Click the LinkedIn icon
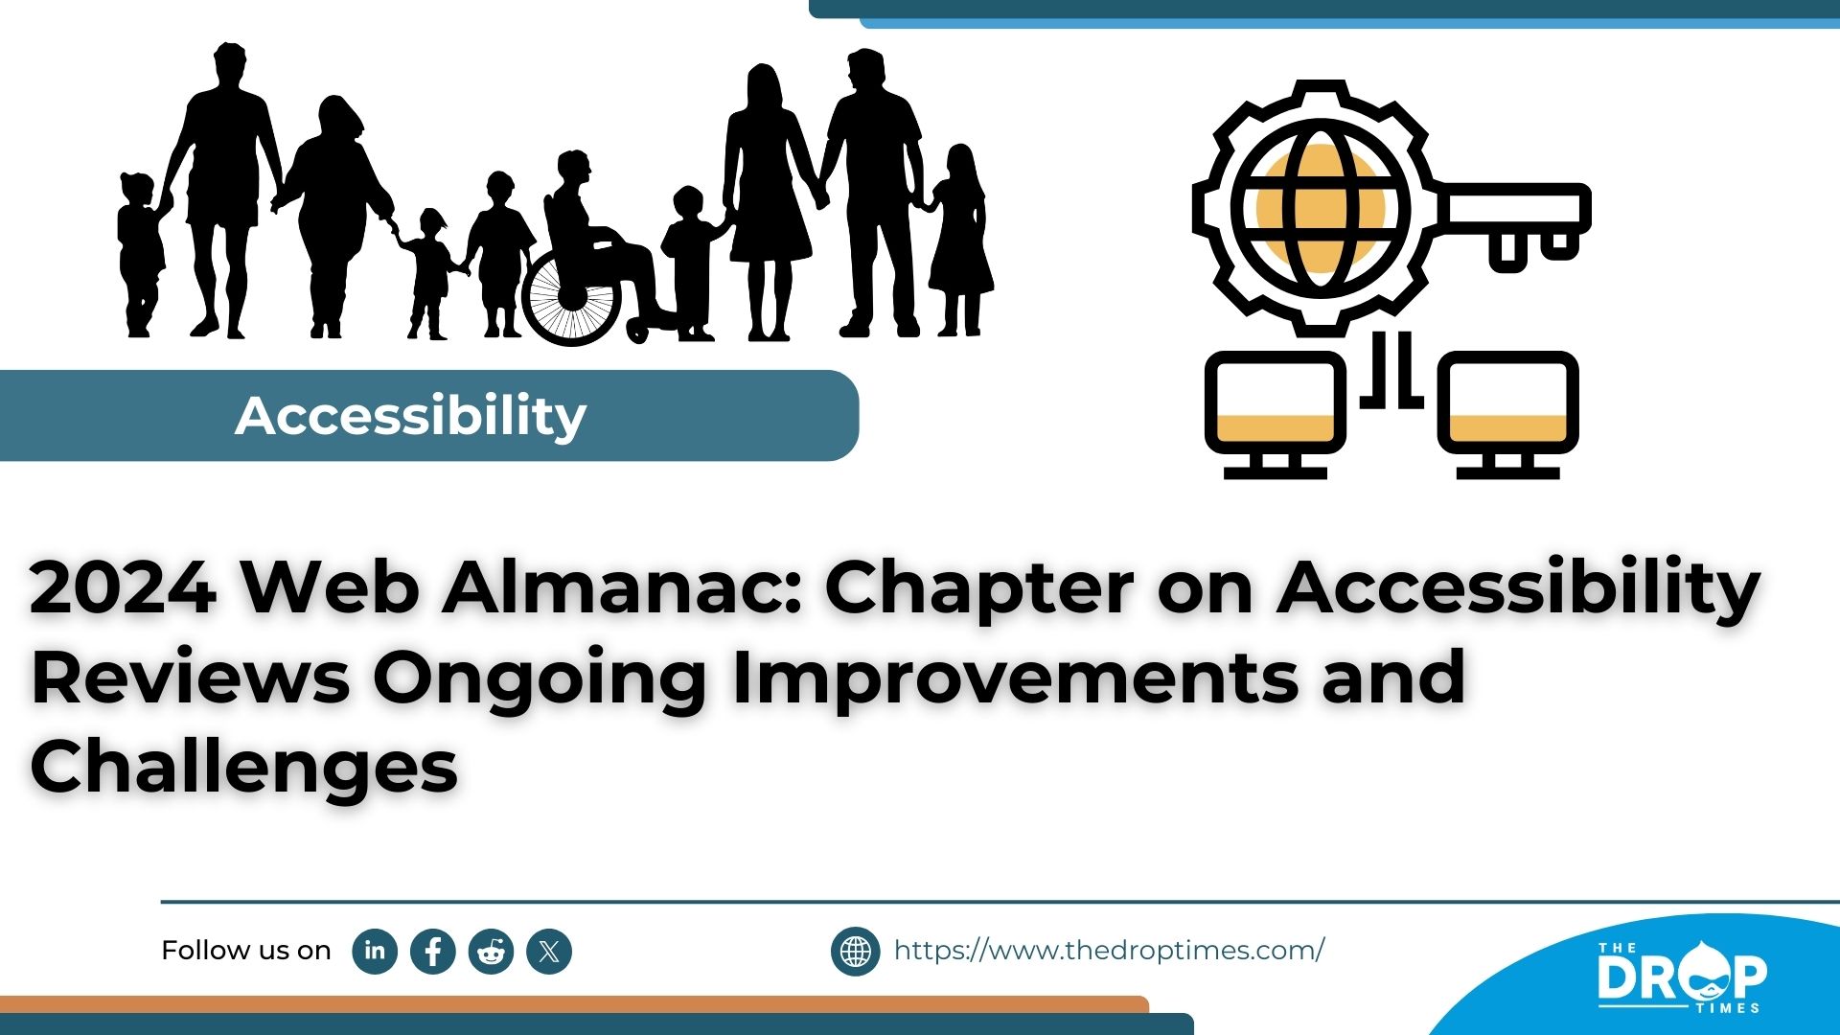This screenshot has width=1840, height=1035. (x=375, y=951)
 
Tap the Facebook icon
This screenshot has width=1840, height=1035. (x=433, y=952)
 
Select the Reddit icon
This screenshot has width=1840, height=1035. (x=492, y=952)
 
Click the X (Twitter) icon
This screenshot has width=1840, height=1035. (x=549, y=952)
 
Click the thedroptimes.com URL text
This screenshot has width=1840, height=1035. (x=1109, y=950)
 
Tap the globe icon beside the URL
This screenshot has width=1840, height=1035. (x=855, y=952)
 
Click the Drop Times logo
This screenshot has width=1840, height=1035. (x=1682, y=976)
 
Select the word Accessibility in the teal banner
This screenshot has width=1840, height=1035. (x=410, y=416)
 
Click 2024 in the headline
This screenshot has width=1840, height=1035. (x=123, y=586)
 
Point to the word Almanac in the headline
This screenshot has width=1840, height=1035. (x=620, y=586)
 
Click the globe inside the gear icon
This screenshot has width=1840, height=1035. (x=1321, y=208)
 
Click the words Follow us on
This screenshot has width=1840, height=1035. (x=245, y=951)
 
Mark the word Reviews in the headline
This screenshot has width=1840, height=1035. (x=191, y=678)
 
